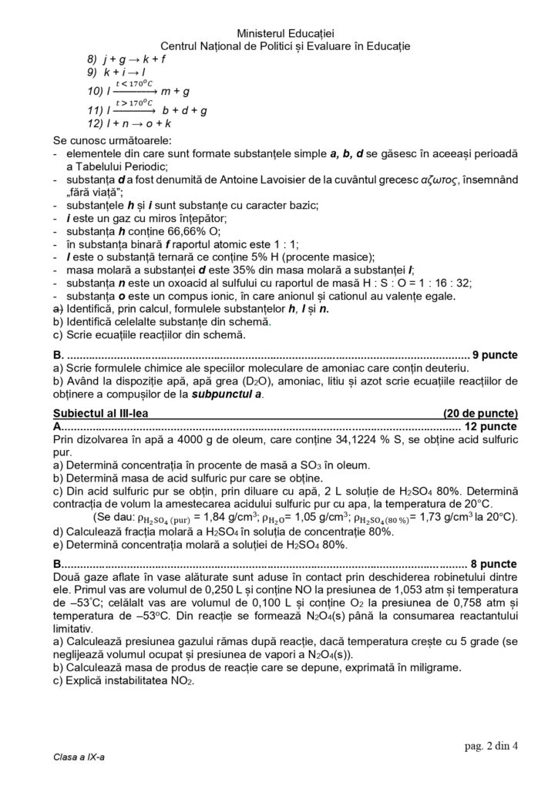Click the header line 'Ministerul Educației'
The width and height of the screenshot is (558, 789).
click(280, 33)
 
